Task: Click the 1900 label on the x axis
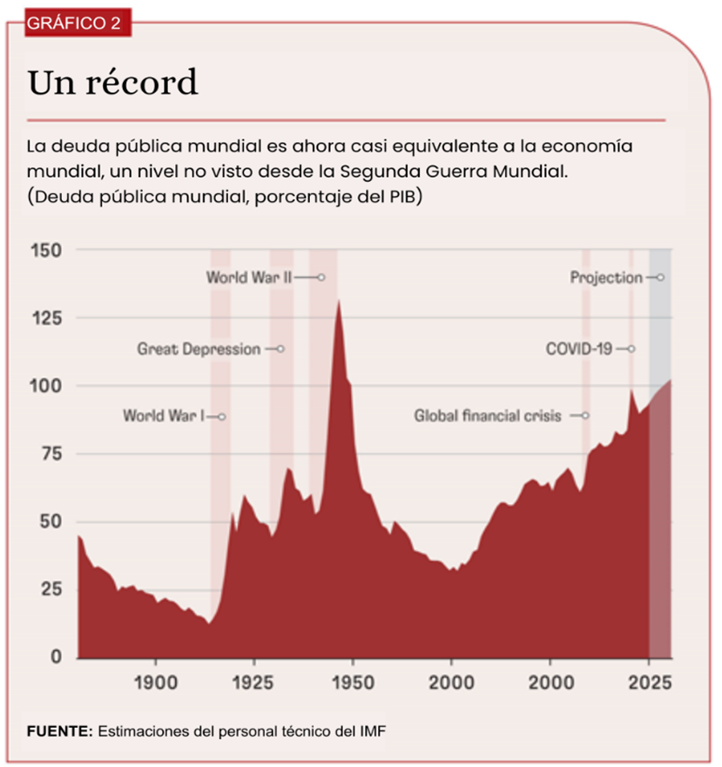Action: point(155,679)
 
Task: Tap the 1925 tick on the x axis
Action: point(253,679)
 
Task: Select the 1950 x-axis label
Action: point(352,679)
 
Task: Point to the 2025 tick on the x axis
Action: point(648,679)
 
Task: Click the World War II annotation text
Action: point(249,278)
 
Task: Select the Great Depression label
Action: point(199,349)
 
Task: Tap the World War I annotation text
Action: point(164,416)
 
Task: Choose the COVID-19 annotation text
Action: point(579,349)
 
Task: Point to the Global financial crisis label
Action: point(488,416)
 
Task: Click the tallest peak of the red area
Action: point(338,301)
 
